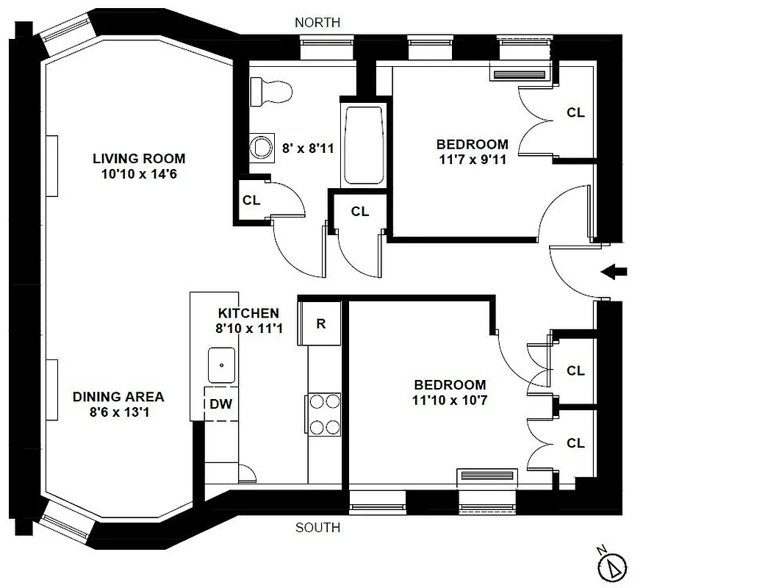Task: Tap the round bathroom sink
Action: [x=260, y=147]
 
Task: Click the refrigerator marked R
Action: [x=321, y=323]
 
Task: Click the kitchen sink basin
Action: [x=220, y=363]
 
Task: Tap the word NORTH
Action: [x=317, y=23]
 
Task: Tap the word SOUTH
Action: [x=317, y=528]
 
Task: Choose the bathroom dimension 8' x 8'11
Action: [x=309, y=148]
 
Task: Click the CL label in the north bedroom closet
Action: [x=575, y=112]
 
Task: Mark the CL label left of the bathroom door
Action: [x=251, y=200]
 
